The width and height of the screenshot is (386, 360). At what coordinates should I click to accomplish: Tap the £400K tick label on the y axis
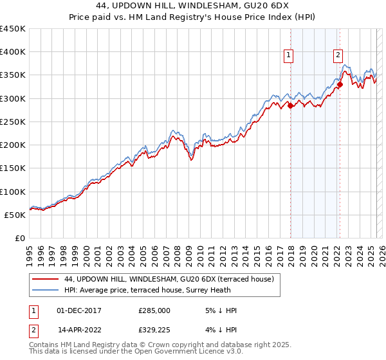[13, 52]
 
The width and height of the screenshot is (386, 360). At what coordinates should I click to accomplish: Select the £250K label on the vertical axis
[13, 122]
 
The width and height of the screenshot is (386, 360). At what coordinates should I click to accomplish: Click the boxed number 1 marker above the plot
[289, 56]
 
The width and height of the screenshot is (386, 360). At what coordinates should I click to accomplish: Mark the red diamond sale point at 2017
[290, 105]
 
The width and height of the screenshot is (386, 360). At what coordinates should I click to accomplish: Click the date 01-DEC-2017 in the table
[79, 310]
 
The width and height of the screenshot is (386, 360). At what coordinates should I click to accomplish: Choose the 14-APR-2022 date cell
[79, 331]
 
